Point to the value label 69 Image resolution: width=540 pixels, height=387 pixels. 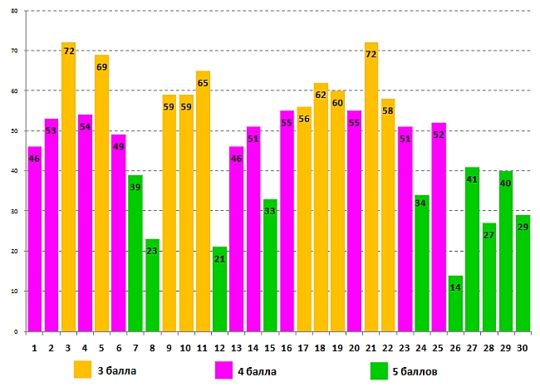101,66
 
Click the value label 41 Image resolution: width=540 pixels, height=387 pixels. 472,179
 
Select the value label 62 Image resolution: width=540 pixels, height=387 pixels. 321,96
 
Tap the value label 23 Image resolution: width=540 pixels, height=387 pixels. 152,251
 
